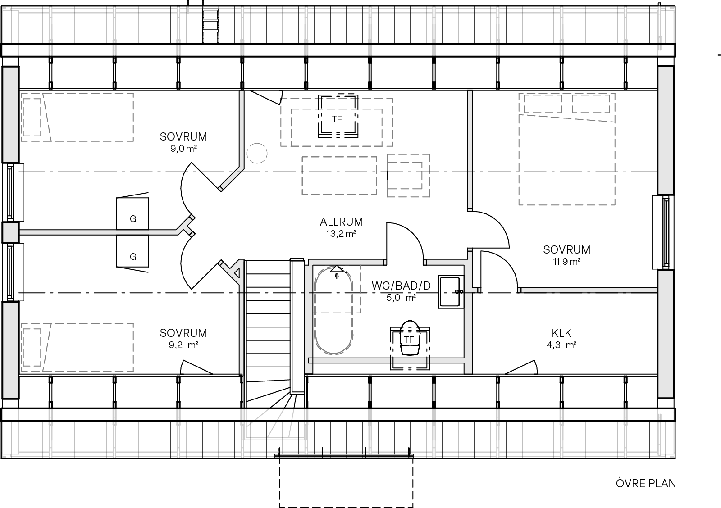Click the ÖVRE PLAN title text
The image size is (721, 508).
click(646, 483)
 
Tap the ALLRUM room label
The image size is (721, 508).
click(341, 222)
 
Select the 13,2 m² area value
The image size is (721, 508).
click(341, 234)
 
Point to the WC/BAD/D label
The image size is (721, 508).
click(401, 286)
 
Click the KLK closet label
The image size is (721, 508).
click(561, 333)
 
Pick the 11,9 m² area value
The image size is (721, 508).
click(566, 262)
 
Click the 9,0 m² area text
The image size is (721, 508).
click(183, 149)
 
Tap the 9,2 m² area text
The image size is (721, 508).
click(183, 345)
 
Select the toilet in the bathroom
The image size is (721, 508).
click(410, 338)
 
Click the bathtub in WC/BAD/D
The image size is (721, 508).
click(333, 311)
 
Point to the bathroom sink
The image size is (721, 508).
click(451, 292)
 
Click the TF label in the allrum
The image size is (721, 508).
click(337, 119)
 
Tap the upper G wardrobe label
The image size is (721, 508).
click(133, 219)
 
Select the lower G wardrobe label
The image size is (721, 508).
click(133, 257)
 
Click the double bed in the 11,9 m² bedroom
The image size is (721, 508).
click(567, 149)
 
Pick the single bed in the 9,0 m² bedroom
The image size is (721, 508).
click(77, 117)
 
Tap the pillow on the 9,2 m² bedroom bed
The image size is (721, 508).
click(32, 347)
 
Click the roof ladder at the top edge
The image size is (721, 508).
click(210, 26)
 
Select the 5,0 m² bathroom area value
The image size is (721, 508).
click(401, 298)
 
